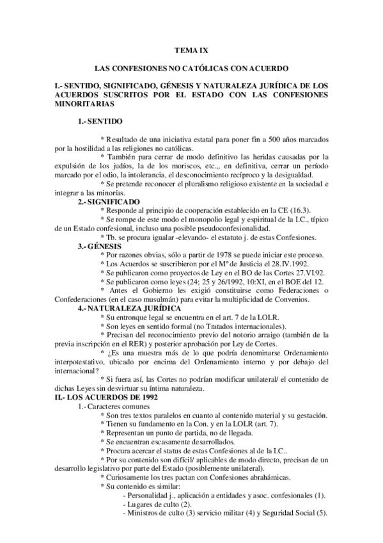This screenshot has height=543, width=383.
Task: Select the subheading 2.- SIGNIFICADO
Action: coord(106,202)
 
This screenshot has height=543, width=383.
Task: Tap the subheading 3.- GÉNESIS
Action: coord(98,245)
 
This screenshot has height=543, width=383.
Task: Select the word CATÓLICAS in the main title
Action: coord(201,67)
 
